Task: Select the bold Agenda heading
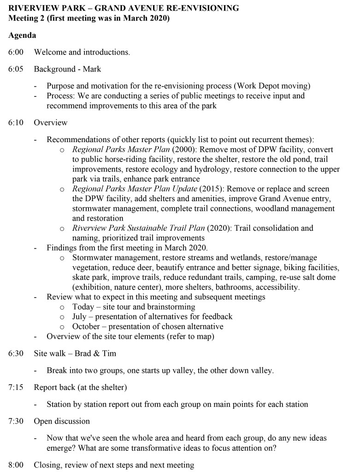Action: click(x=22, y=35)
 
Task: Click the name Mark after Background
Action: click(x=92, y=69)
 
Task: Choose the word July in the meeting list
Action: click(x=79, y=317)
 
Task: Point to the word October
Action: click(x=86, y=327)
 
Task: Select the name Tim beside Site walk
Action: click(x=109, y=353)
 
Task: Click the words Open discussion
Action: click(x=62, y=421)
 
